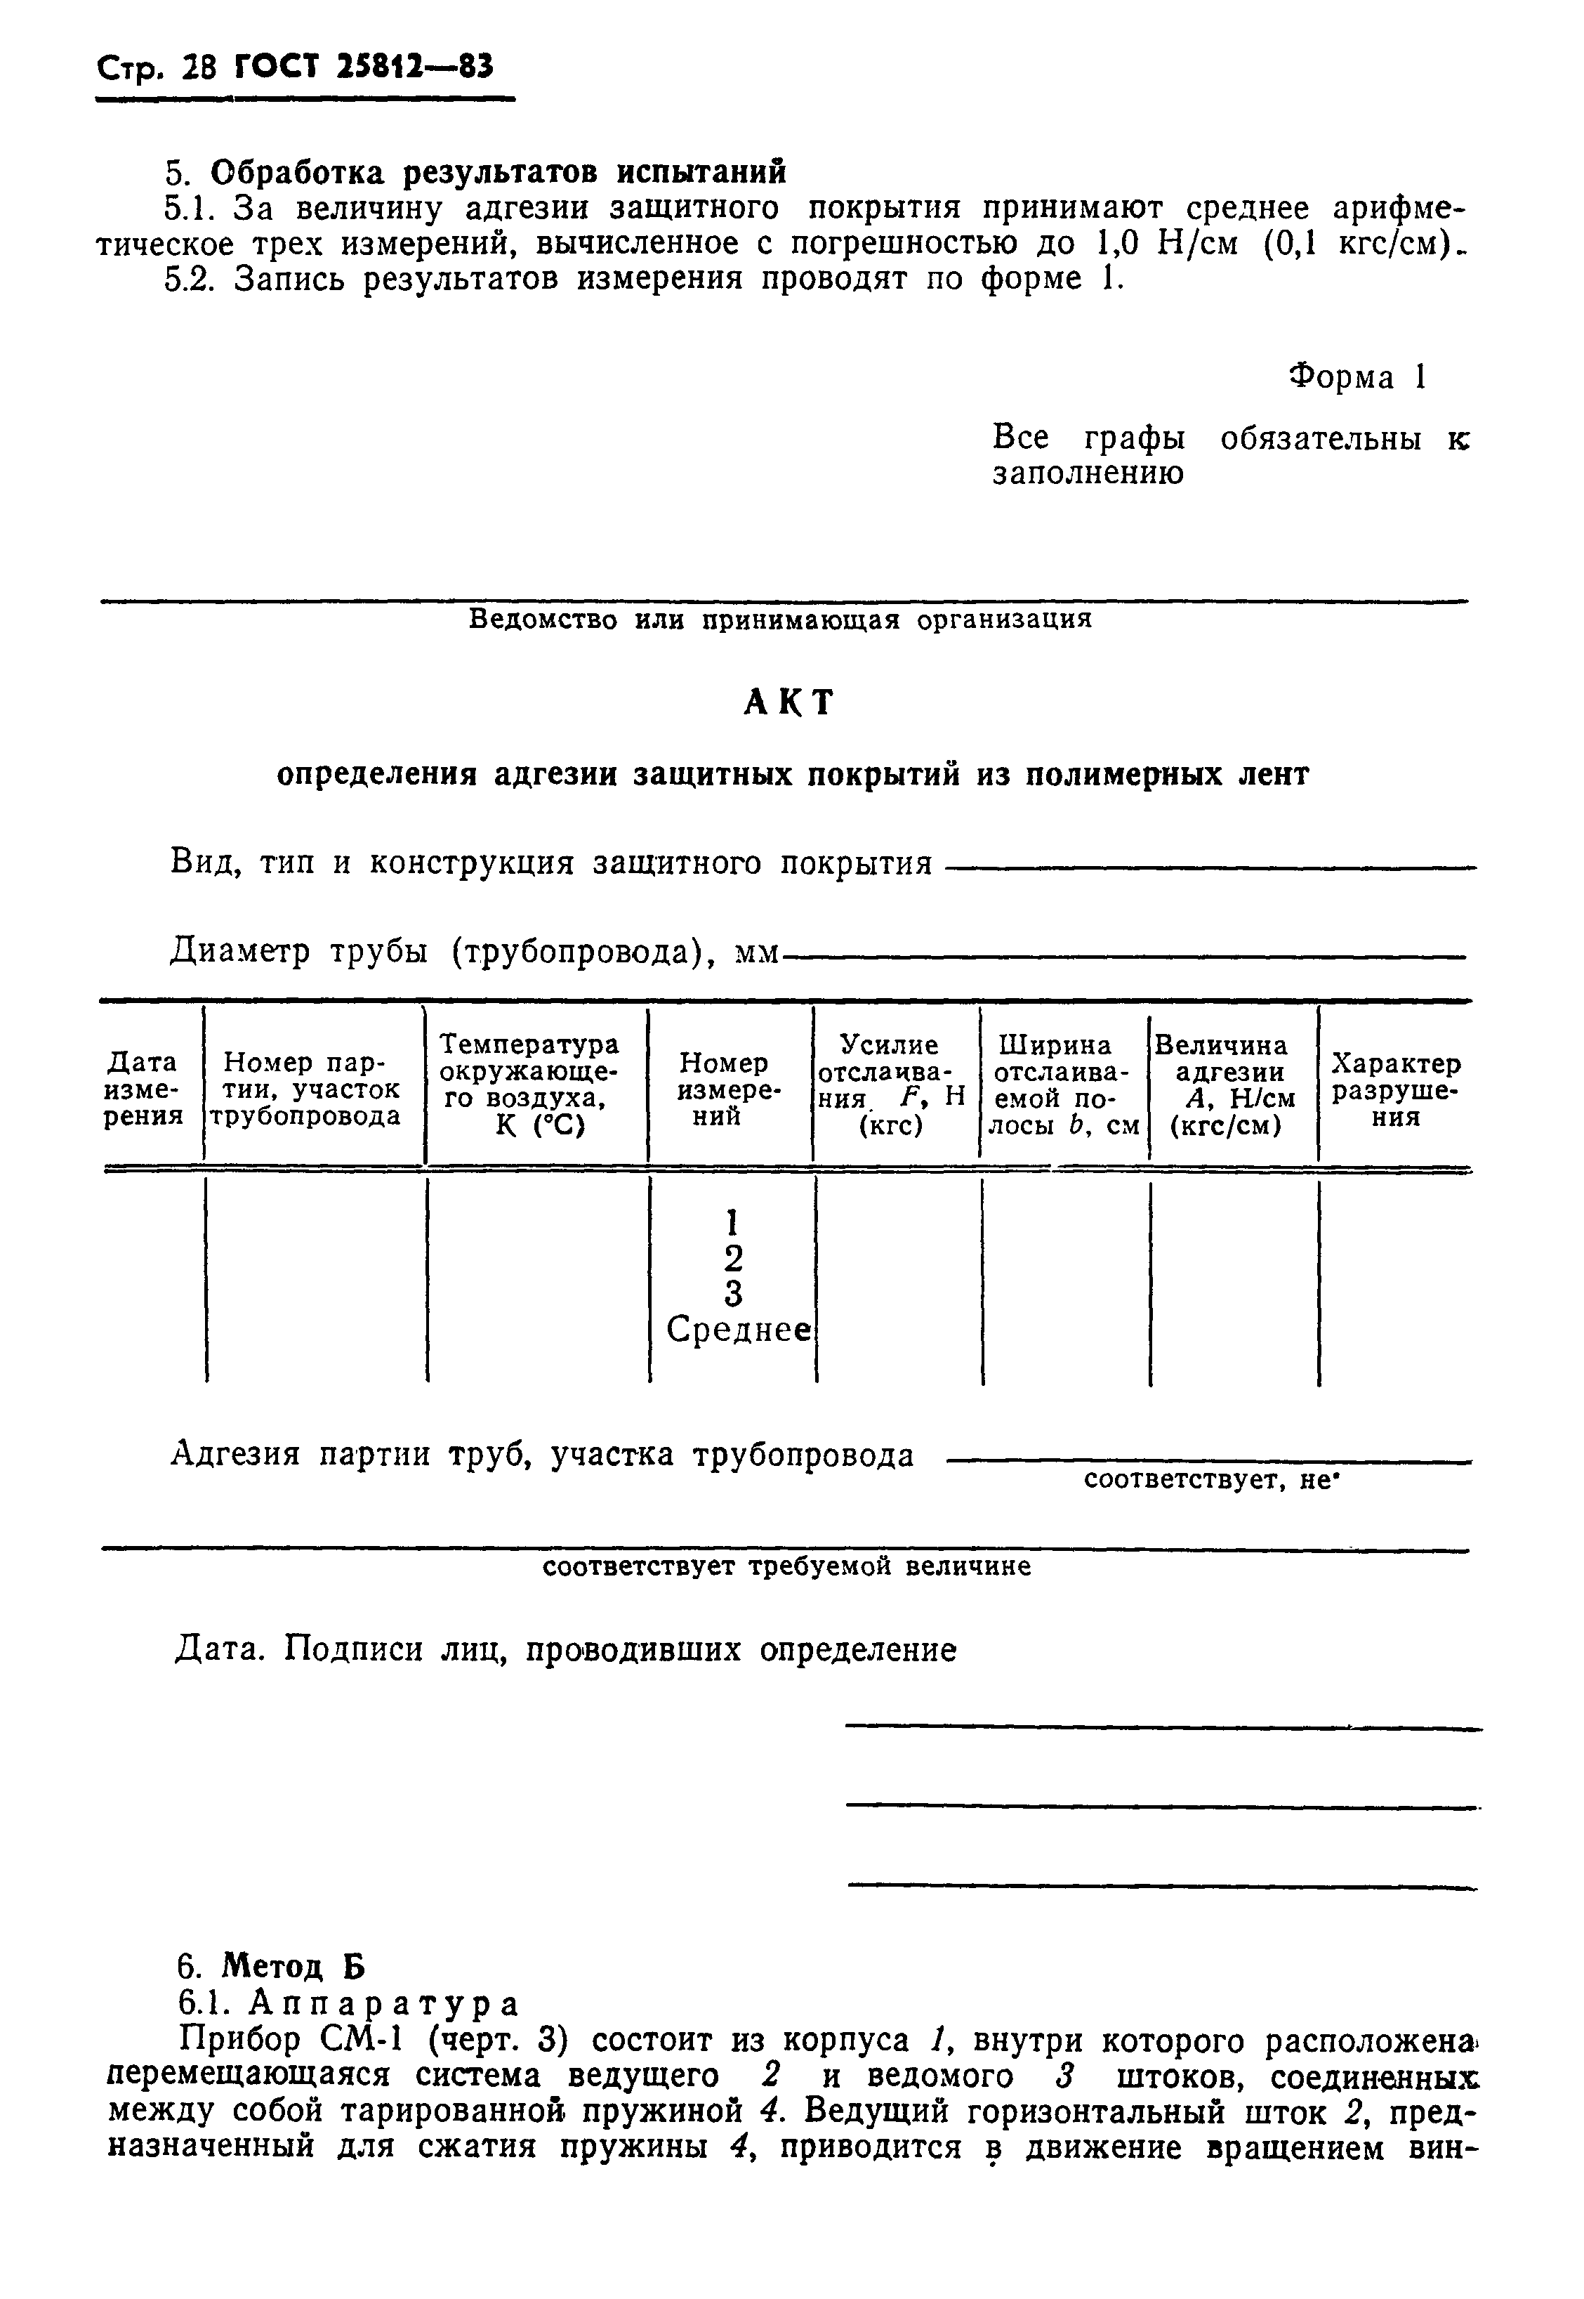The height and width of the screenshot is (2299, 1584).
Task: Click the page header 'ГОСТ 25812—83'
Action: tap(363, 67)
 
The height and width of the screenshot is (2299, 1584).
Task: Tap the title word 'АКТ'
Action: tap(789, 703)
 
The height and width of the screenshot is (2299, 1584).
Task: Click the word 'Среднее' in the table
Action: tap(739, 1330)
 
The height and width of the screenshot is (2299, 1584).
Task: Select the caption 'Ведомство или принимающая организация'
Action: tap(780, 620)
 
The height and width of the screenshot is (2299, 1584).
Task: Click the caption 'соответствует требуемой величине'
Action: tap(787, 1566)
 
